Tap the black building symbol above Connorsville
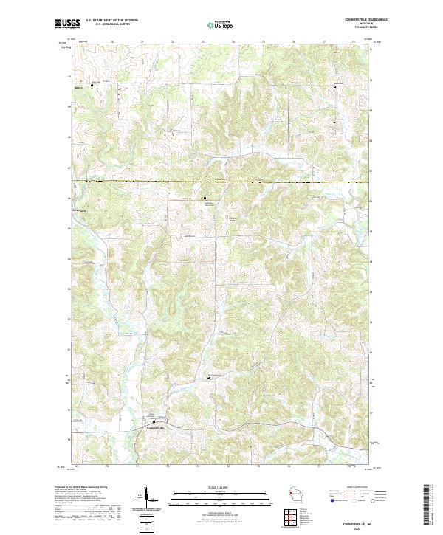click(x=153, y=421)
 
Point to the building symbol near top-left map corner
click(x=92, y=86)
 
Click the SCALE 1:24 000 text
click(x=219, y=486)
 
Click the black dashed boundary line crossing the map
click(x=221, y=181)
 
